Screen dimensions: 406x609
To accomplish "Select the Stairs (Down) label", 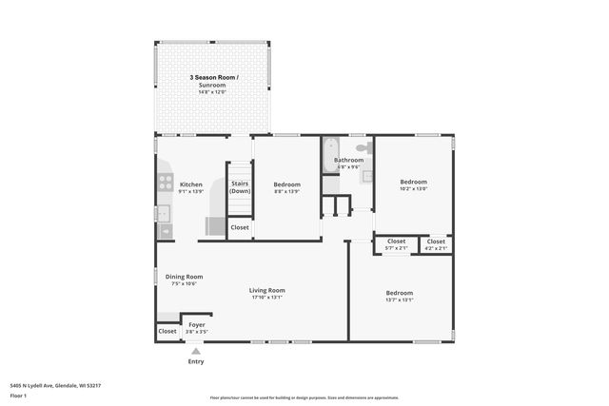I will tap(240, 188).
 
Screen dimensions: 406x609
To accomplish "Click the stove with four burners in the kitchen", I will tap(165, 184).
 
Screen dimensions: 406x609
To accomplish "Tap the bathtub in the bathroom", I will tap(329, 156).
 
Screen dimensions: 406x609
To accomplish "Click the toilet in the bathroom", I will tap(363, 149).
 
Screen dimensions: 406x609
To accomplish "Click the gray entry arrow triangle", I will tap(196, 351).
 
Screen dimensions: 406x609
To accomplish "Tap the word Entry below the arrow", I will tap(196, 361).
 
